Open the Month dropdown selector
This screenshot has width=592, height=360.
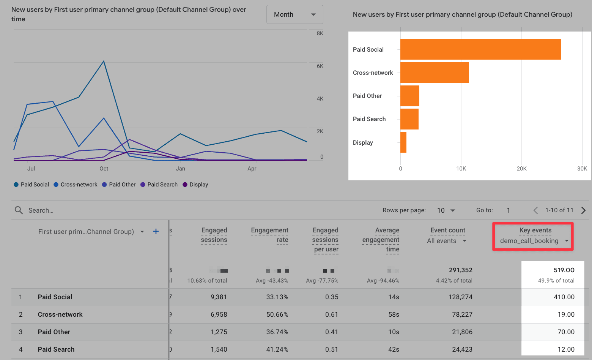click(294, 14)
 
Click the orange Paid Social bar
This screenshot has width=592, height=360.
click(480, 49)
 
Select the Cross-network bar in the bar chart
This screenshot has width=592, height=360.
click(435, 73)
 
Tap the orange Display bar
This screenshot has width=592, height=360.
click(403, 142)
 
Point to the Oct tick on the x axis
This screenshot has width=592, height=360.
click(104, 169)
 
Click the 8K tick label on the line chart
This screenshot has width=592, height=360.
click(320, 33)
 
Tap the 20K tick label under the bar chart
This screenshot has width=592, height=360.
click(521, 169)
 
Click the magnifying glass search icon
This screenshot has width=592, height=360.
click(19, 210)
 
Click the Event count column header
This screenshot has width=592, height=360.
click(447, 230)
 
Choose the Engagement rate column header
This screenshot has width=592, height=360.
click(269, 235)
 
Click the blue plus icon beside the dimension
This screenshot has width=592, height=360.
click(156, 231)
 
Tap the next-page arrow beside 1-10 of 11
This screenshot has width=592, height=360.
click(583, 210)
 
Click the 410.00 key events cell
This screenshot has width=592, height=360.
click(564, 297)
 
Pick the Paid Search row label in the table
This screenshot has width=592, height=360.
click(56, 349)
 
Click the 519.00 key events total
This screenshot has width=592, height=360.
click(564, 270)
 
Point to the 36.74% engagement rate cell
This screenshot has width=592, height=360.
click(277, 332)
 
